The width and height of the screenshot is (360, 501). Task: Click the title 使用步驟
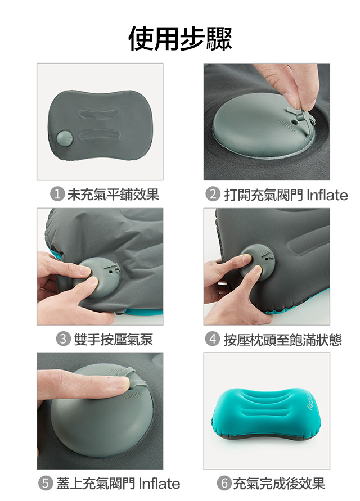(x=180, y=38)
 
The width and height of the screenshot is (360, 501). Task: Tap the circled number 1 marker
(x=57, y=195)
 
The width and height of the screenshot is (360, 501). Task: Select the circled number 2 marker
(x=213, y=195)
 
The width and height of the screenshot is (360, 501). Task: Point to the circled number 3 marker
(x=64, y=339)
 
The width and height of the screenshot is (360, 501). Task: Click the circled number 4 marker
(x=213, y=339)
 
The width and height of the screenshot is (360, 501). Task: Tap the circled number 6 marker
(x=224, y=484)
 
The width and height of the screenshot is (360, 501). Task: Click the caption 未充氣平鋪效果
(x=113, y=195)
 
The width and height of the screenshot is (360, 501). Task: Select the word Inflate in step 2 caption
(x=327, y=195)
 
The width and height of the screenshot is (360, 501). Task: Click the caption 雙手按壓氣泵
(x=114, y=339)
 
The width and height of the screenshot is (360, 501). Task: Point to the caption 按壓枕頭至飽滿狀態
(x=283, y=339)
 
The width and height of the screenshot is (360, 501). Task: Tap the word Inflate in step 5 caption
(x=160, y=484)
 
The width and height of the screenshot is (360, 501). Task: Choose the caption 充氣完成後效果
(x=279, y=484)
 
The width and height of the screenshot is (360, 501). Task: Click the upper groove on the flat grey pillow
(x=100, y=114)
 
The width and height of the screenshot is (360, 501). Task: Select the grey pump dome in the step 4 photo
(x=258, y=260)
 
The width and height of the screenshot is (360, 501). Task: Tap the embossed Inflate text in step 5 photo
(x=133, y=395)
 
